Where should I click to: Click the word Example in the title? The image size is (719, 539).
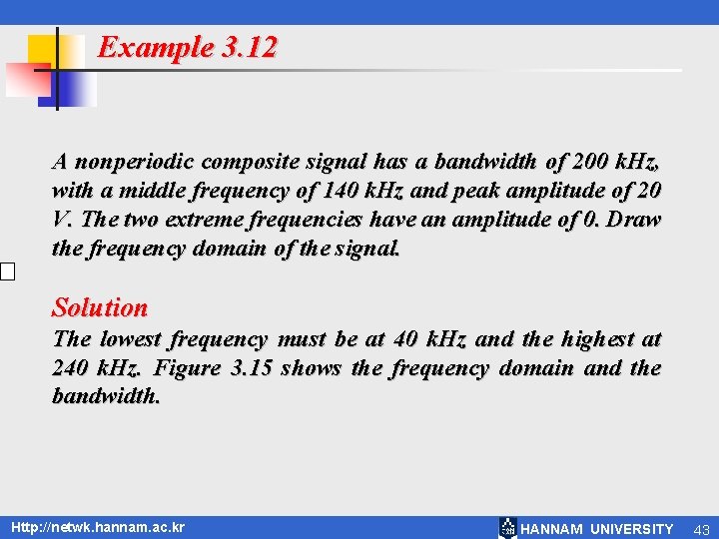point(156,48)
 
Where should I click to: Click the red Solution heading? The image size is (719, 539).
point(100,307)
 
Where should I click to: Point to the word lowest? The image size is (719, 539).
point(130,339)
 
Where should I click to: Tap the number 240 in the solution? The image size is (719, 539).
point(72,368)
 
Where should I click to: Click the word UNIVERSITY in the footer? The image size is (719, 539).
point(632,529)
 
